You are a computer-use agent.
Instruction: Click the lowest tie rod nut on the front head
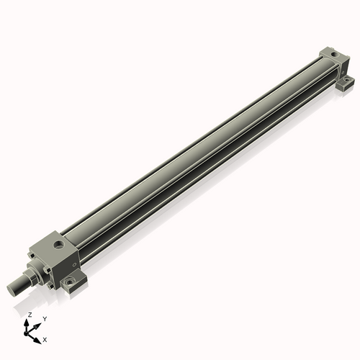(50, 287)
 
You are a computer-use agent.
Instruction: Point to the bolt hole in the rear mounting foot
(346, 79)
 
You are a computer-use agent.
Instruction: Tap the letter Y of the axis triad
(45, 318)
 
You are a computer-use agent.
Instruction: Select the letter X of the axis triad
(45, 338)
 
